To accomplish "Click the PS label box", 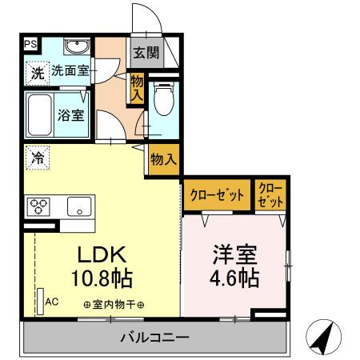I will [30, 45].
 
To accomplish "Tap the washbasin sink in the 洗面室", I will [78, 46].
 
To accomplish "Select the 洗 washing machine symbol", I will [37, 72].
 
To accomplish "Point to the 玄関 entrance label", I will [145, 54].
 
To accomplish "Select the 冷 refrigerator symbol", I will [37, 158].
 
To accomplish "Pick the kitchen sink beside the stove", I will [80, 206].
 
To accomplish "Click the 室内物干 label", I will [114, 305].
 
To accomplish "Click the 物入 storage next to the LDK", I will [163, 159].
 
